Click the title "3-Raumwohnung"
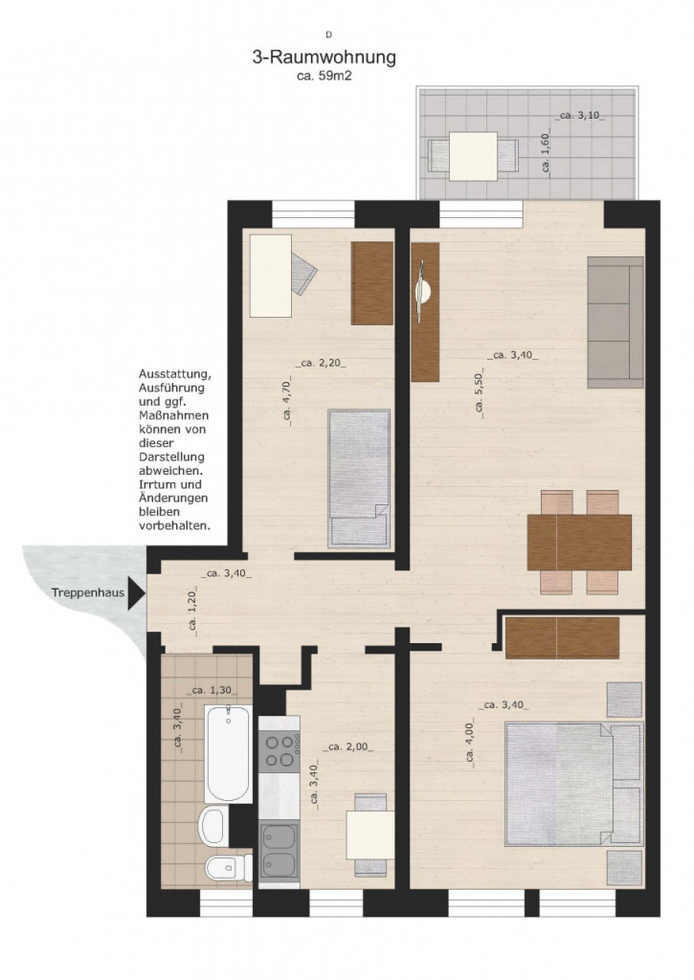324,57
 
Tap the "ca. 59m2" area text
324,77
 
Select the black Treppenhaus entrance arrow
136,593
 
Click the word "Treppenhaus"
88,593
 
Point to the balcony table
473,156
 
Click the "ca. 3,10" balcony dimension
582,116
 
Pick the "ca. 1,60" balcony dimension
546,154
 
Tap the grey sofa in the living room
616,323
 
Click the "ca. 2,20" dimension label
321,363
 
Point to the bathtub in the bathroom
228,754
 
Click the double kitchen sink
280,851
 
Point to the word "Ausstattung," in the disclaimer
175,375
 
